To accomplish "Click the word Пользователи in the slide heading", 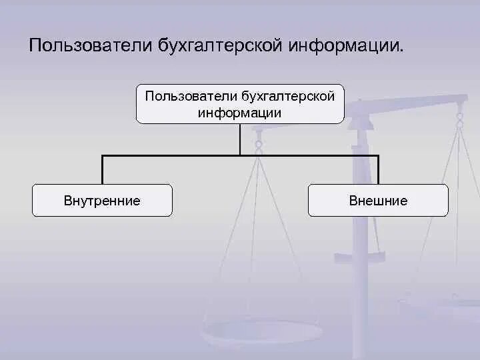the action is click(x=91, y=47).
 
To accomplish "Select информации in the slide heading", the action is click(x=343, y=47).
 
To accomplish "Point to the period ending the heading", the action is click(x=401, y=51).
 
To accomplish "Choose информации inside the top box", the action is click(x=239, y=113).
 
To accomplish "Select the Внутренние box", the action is click(x=102, y=200).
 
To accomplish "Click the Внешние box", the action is click(x=378, y=200).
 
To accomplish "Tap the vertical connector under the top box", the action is click(x=240, y=139).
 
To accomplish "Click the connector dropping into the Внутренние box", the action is click(x=102, y=169).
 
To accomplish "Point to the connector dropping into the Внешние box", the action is click(x=378, y=169).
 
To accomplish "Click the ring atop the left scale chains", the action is click(x=259, y=142).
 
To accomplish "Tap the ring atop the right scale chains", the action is click(x=459, y=119).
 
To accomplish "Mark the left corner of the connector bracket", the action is click(x=102, y=156).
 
